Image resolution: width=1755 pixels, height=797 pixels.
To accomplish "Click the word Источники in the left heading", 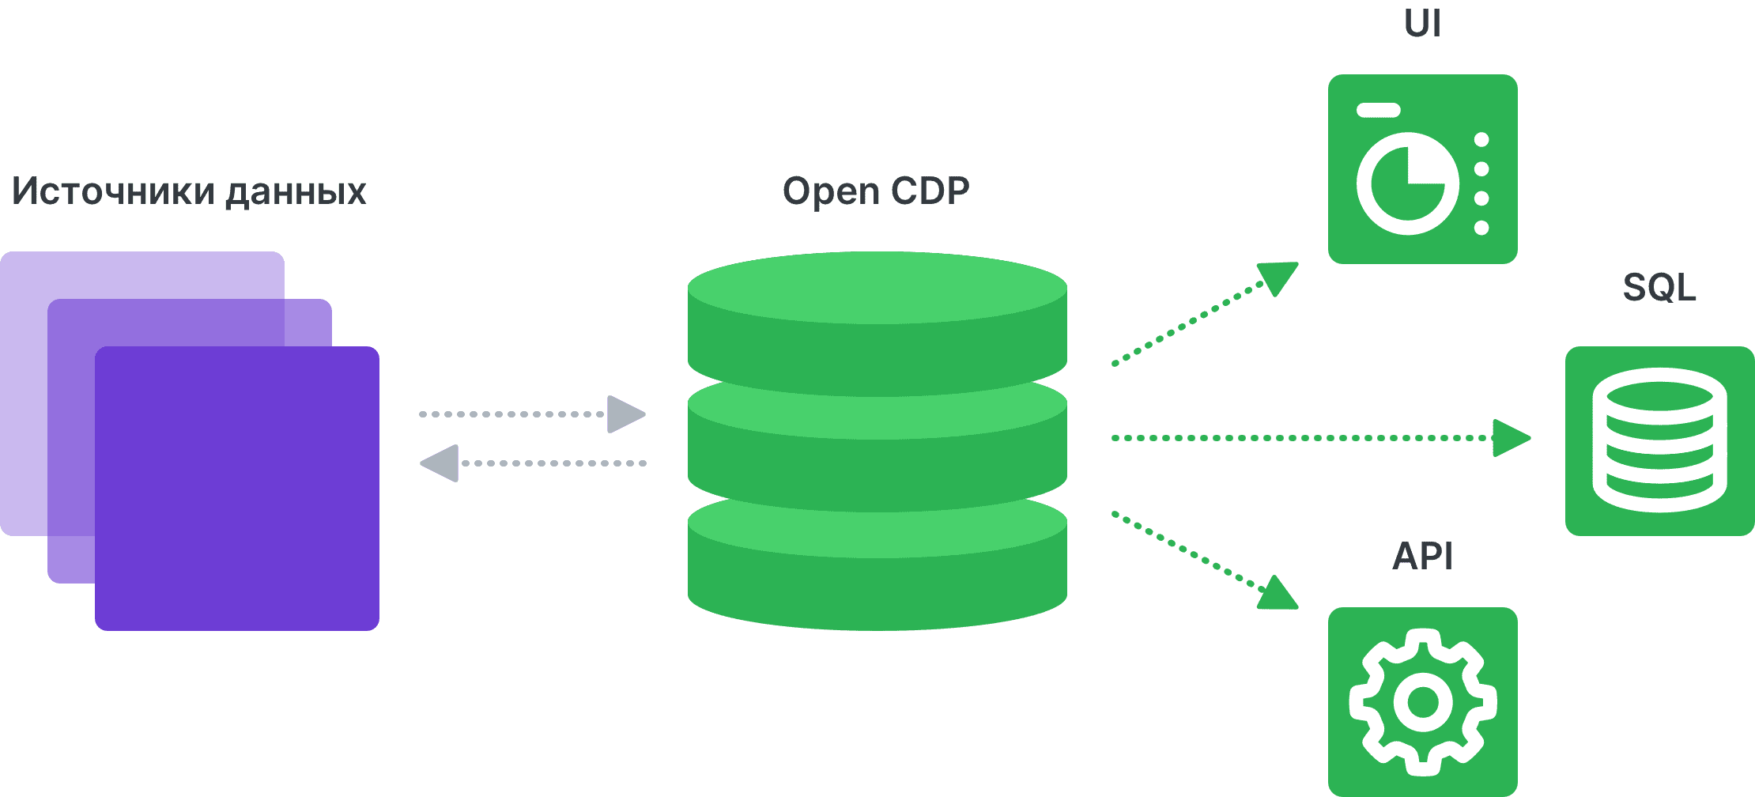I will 113,191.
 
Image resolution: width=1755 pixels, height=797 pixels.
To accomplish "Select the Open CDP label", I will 876,191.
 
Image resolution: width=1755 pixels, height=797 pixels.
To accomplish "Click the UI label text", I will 1422,24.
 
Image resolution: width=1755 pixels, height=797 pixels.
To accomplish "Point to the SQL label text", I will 1659,287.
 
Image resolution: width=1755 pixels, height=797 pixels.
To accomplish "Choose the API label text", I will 1422,556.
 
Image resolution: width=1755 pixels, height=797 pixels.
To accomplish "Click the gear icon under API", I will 1422,701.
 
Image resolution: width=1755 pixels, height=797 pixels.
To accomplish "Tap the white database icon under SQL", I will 1659,445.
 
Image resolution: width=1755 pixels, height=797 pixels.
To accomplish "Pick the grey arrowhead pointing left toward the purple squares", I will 440,463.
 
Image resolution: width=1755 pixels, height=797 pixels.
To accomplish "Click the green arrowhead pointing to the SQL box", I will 1510,438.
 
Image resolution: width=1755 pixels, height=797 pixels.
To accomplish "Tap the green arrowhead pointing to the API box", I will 1277,595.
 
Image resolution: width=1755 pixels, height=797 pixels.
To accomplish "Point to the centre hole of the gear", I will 1422,701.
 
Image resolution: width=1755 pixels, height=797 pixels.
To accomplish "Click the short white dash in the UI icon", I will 1379,111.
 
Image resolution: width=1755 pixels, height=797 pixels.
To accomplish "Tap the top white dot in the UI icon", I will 1481,140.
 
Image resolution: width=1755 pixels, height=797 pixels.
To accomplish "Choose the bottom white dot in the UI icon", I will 1481,228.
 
